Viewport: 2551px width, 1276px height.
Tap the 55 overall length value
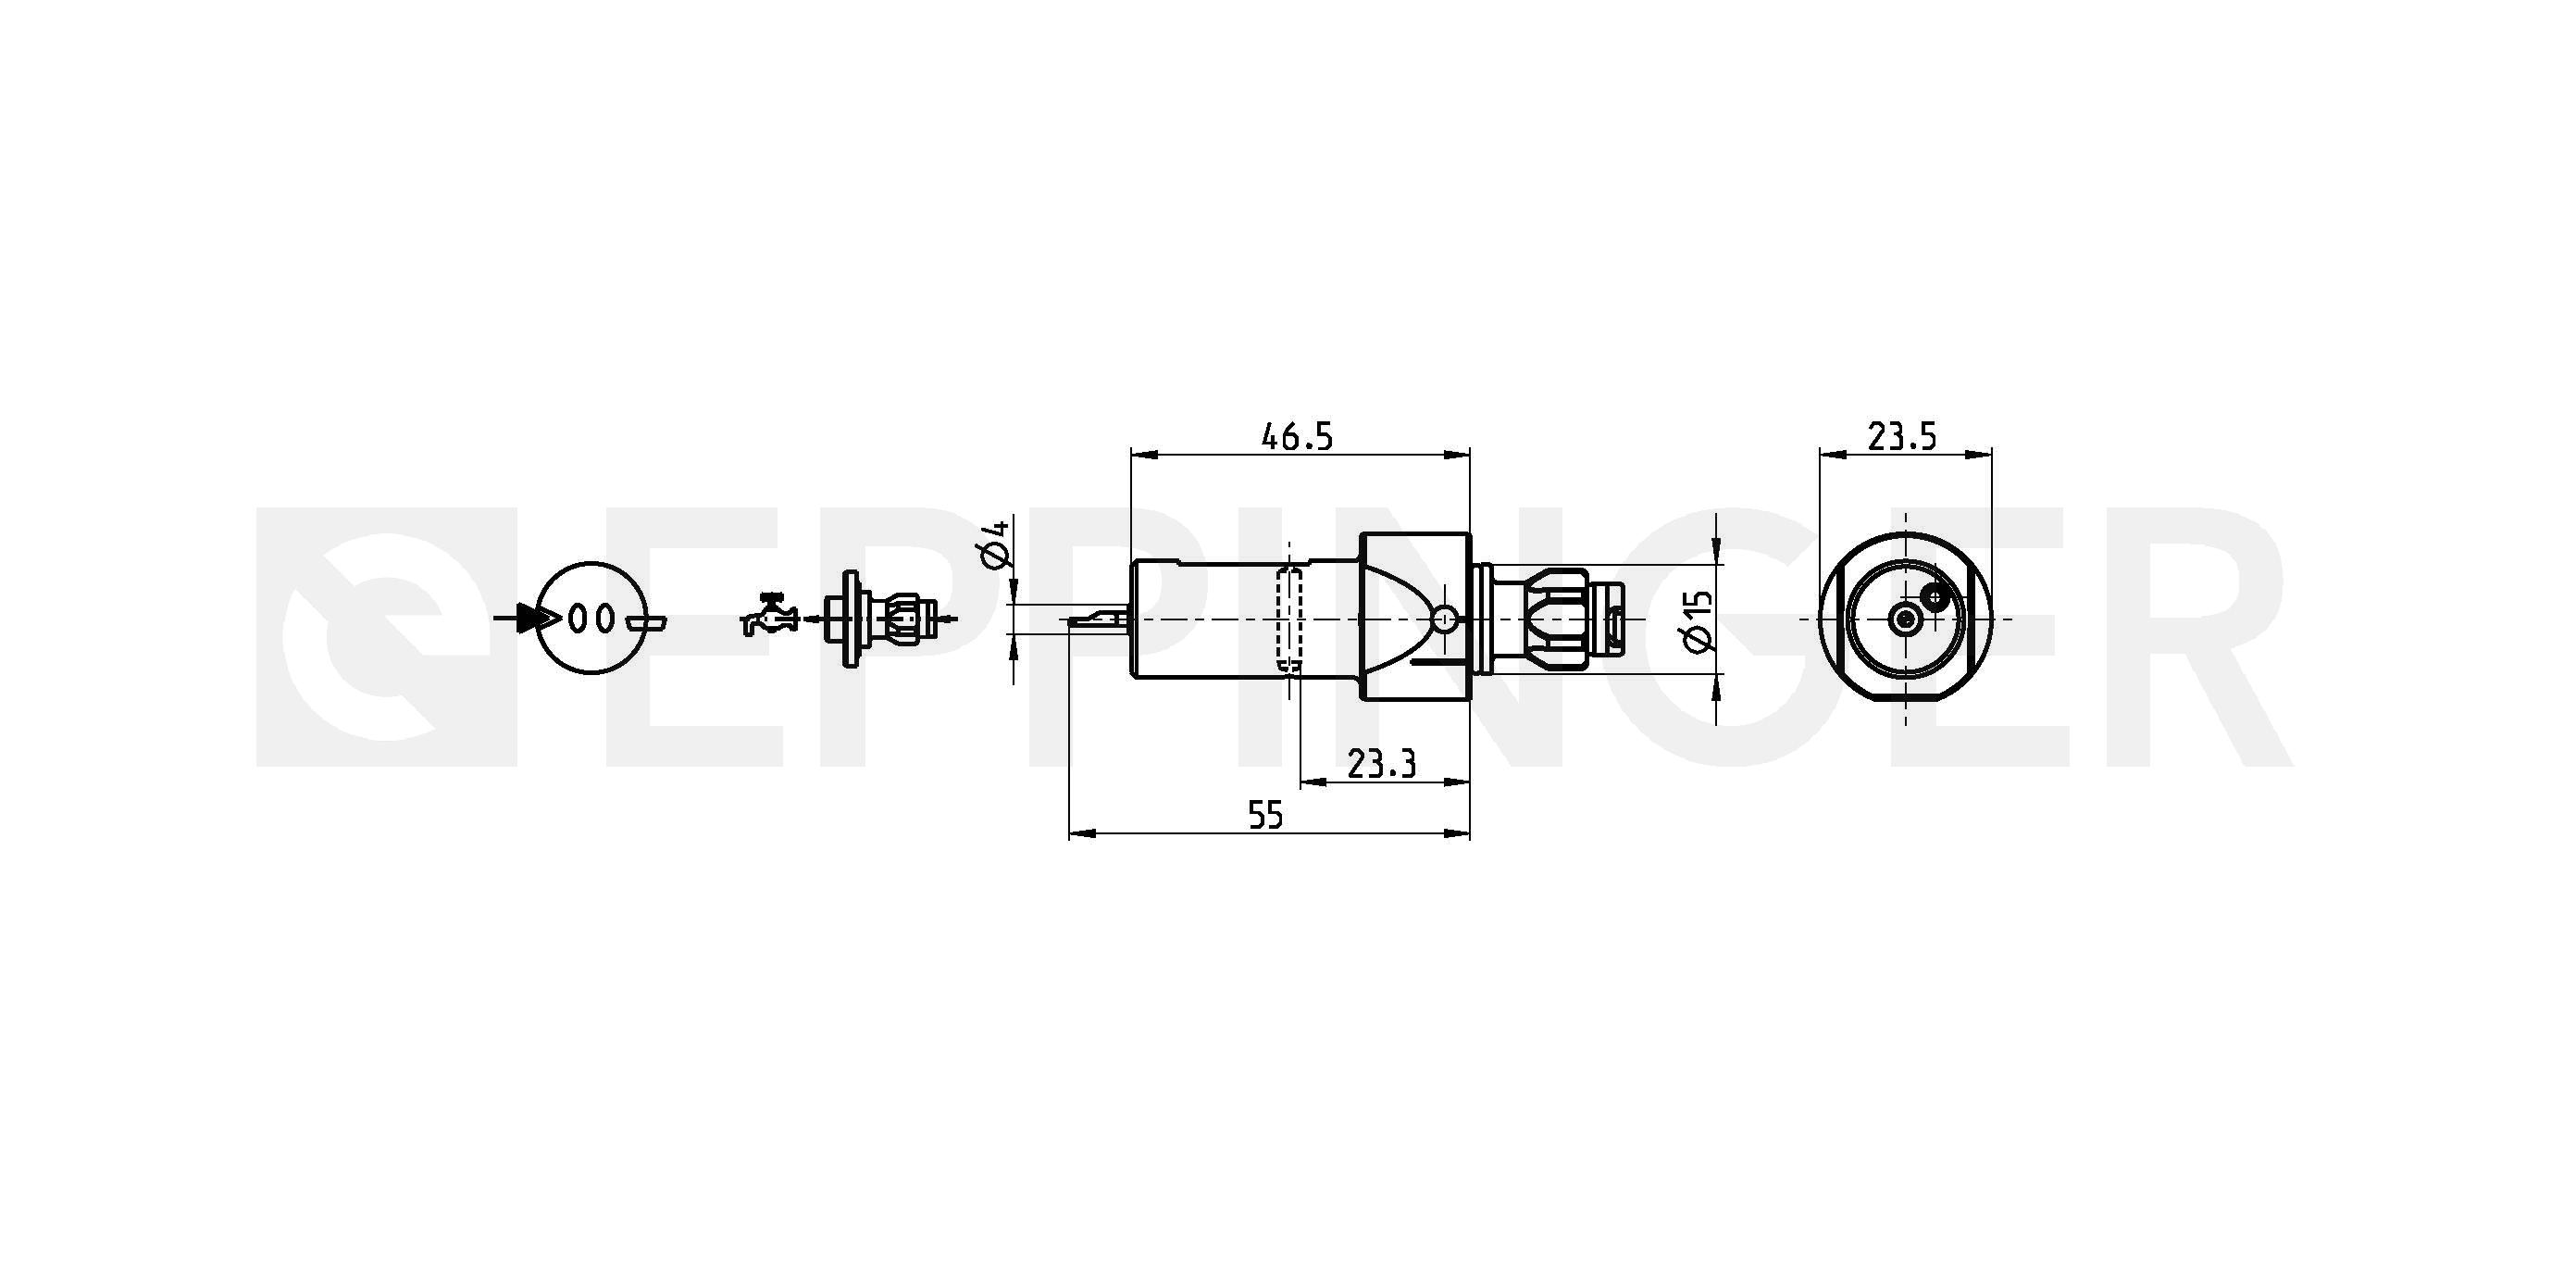1264,816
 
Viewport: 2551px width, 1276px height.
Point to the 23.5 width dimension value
1901,436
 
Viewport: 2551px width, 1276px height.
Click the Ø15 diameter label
1698,621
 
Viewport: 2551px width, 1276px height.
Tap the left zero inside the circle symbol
579,619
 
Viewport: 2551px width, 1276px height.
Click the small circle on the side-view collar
1445,620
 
